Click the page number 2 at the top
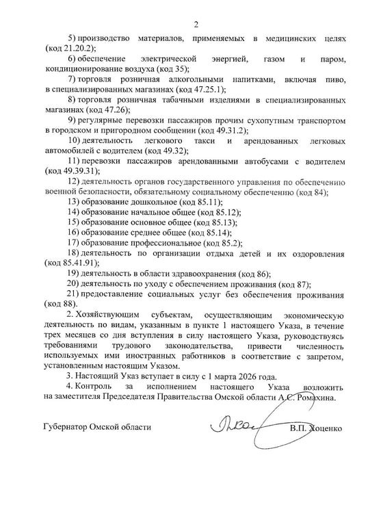[x=196, y=25]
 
